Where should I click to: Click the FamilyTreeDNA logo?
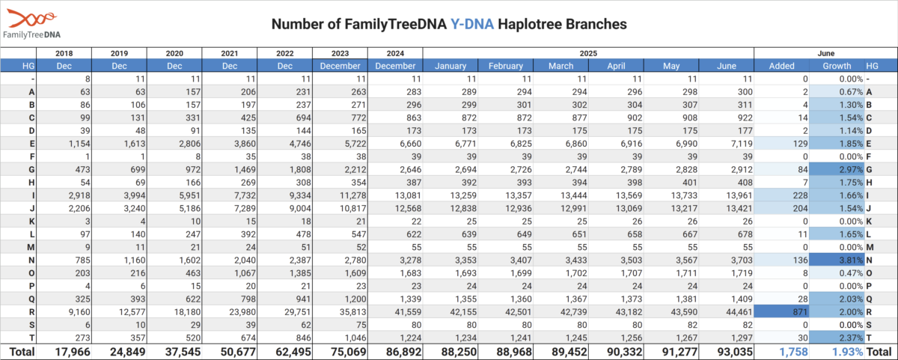coord(31,24)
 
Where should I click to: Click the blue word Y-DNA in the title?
coord(472,24)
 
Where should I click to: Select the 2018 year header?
coord(64,53)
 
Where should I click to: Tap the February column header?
coord(506,66)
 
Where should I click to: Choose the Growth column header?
coord(837,66)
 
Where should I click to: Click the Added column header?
coord(781,66)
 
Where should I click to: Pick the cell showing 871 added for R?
coord(781,312)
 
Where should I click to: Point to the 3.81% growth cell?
coord(837,260)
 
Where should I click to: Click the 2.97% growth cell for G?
coord(837,170)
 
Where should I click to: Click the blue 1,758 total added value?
coord(793,352)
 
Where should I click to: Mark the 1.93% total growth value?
coord(847,352)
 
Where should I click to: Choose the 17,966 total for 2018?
coord(73,352)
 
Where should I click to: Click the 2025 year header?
coord(588,53)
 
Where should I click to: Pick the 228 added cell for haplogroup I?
coord(800,195)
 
